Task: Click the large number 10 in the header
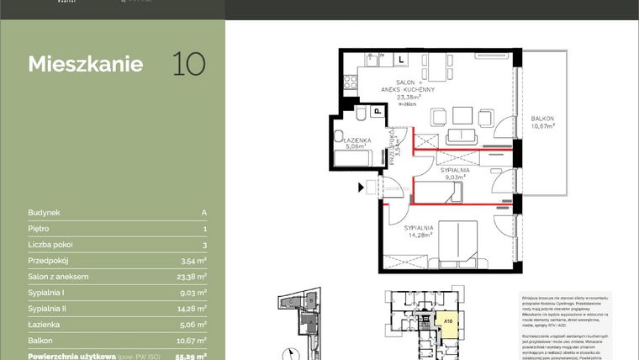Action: click(188, 64)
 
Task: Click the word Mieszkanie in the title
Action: click(85, 65)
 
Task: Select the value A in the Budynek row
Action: click(204, 214)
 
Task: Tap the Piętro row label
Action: click(39, 229)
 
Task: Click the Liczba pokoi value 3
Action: click(204, 245)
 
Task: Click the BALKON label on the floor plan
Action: click(544, 119)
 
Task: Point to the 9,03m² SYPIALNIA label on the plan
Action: click(455, 173)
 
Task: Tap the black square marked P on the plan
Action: click(378, 110)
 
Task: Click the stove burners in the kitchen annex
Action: click(372, 59)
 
